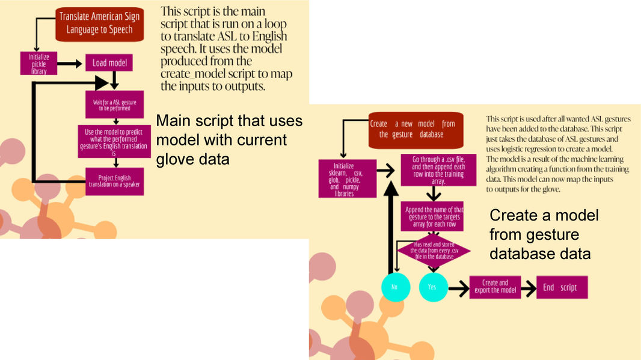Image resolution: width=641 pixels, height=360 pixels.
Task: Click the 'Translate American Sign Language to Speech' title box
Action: click(x=100, y=25)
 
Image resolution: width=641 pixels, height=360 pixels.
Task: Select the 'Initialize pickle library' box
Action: click(x=38, y=63)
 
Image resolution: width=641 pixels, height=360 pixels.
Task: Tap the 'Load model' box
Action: click(x=109, y=63)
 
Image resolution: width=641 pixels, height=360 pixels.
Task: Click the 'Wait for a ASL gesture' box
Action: click(x=114, y=105)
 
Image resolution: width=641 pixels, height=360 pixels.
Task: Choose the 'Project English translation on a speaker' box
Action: click(x=114, y=180)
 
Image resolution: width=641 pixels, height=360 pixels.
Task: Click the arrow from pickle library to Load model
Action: click(x=71, y=63)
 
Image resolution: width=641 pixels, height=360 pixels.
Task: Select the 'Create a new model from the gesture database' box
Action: click(x=416, y=129)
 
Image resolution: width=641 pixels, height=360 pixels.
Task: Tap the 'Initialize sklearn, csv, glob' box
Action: click(x=347, y=178)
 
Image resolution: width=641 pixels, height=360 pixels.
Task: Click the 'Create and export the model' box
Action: click(x=495, y=287)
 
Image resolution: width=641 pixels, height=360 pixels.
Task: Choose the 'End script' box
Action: click(x=560, y=287)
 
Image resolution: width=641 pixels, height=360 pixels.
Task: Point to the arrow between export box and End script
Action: click(x=527, y=287)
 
